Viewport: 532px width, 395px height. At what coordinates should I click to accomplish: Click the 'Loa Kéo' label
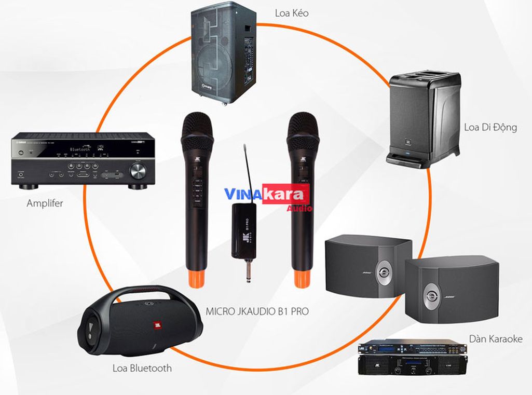292,13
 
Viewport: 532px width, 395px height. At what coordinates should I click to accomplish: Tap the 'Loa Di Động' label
490,127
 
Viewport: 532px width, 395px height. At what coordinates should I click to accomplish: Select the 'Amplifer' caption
45,203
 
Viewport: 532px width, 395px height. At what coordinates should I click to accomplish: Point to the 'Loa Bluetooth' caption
142,369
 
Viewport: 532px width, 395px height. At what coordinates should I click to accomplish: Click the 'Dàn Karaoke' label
496,339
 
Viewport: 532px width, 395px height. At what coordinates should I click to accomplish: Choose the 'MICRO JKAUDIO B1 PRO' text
257,311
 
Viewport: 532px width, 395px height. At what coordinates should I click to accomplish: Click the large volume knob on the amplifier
137,170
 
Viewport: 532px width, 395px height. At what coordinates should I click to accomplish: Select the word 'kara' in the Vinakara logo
285,194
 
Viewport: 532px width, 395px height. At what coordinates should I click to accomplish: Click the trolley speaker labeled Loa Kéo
224,52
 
